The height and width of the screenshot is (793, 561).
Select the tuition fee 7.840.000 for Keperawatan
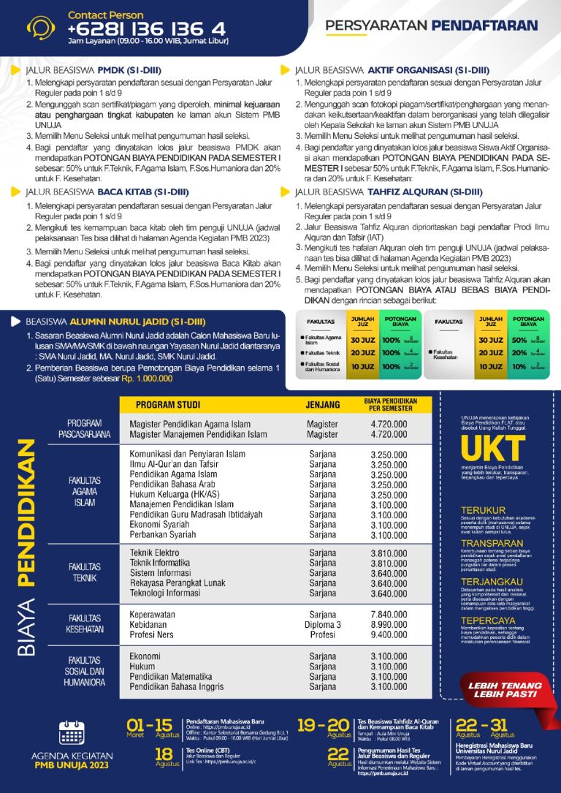click(389, 615)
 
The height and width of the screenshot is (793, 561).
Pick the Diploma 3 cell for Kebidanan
click(322, 625)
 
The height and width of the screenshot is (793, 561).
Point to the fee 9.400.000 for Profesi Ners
click(389, 635)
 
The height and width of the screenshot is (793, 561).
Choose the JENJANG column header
click(322, 405)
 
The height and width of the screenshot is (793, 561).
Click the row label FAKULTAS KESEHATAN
click(85, 623)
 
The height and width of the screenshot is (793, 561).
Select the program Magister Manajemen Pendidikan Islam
click(198, 434)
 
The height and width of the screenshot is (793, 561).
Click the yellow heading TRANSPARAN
click(492, 543)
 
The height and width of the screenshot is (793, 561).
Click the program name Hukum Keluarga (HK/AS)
click(177, 495)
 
